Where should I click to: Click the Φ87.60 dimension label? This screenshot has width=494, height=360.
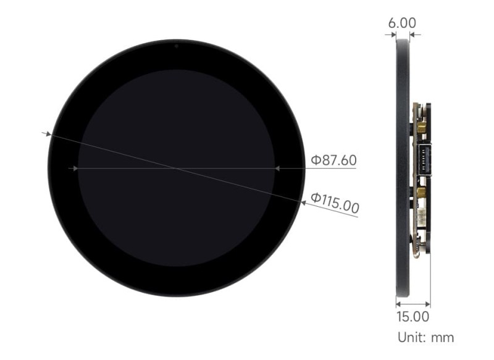[x=333, y=161]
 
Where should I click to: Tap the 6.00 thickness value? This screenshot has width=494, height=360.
[x=401, y=22]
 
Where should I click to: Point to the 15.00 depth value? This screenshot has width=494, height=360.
[x=412, y=317]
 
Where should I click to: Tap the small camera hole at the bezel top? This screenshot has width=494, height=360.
[x=176, y=45]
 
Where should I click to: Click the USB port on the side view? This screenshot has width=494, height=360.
[x=424, y=162]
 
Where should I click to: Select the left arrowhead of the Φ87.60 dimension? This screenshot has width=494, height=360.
[x=75, y=168]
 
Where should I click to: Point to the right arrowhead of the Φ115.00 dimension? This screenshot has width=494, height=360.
[x=302, y=201]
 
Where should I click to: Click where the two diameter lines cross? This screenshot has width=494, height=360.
[x=176, y=168]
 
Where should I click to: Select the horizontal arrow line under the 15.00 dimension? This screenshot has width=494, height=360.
[x=412, y=303]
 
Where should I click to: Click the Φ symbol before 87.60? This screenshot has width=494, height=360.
[x=315, y=161]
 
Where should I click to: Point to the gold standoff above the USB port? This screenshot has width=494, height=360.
[x=421, y=127]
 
